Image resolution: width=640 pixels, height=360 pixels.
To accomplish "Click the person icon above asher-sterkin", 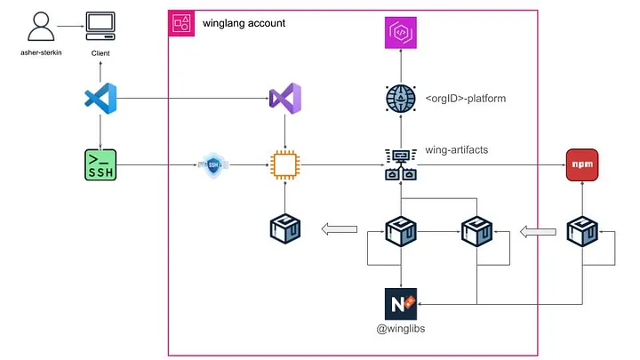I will click(38, 28).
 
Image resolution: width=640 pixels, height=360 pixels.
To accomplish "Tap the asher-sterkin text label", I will click(40, 52).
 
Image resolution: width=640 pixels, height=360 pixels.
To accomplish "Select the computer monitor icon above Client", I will click(100, 26).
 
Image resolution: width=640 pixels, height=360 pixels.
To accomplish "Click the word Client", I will click(101, 53).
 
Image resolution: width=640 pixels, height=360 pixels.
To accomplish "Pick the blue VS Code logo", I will click(100, 99).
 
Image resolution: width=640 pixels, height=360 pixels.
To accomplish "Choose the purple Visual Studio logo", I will click(285, 99).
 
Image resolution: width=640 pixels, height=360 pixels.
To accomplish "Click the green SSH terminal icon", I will click(101, 164).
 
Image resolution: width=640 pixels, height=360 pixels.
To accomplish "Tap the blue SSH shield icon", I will click(213, 164).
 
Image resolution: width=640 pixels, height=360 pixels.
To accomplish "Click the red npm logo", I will click(581, 164).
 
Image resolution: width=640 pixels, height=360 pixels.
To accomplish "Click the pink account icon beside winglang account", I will click(182, 24).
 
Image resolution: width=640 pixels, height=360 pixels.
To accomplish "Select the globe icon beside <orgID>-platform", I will click(400, 98).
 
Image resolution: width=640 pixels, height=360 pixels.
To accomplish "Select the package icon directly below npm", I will click(581, 231).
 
